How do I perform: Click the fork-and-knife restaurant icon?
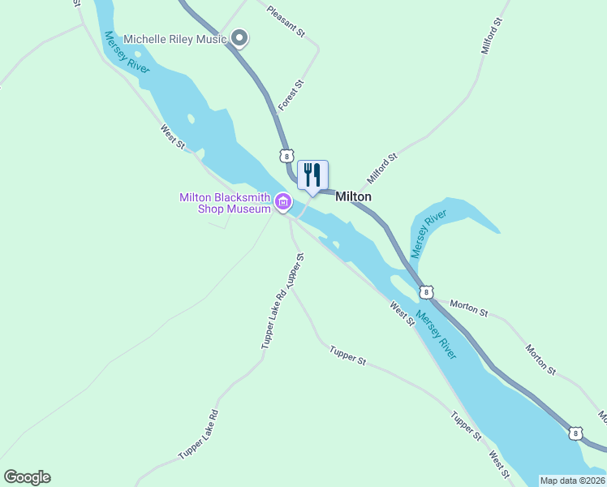(x=312, y=175)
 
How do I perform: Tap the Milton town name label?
(x=353, y=196)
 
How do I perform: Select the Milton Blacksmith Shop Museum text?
(x=224, y=203)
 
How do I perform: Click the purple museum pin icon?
(x=282, y=201)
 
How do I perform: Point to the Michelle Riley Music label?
(x=174, y=39)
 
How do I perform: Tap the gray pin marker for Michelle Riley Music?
(x=239, y=37)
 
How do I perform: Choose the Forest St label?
(x=291, y=95)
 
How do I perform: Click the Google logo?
(x=27, y=477)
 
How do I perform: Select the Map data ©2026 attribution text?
(x=572, y=481)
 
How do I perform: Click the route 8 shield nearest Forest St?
(x=286, y=155)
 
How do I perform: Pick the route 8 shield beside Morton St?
(x=426, y=291)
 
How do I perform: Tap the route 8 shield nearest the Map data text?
(x=575, y=434)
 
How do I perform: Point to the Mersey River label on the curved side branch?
(x=428, y=234)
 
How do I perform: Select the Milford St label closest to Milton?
(x=381, y=169)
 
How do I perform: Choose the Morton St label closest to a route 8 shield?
(x=469, y=308)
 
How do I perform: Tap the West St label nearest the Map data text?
(x=500, y=463)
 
